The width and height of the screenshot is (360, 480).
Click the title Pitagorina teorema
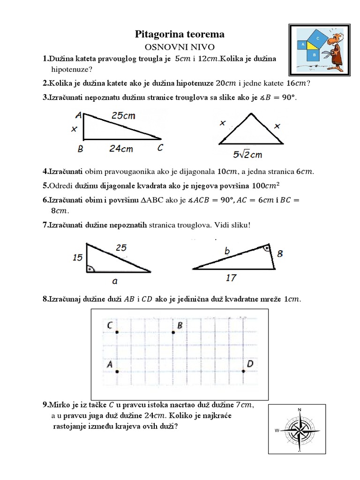[180, 34]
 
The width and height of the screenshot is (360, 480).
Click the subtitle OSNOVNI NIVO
[180, 47]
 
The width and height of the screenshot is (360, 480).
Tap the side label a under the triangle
[114, 281]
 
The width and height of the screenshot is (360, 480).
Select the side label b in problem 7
[227, 252]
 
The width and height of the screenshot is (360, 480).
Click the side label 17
[231, 278]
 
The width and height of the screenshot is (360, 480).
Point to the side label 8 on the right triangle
[280, 254]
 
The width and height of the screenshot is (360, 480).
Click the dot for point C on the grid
[117, 332]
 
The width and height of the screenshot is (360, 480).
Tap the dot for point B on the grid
[173, 332]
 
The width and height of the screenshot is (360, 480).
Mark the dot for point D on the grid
[243, 371]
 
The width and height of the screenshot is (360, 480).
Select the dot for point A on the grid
[117, 371]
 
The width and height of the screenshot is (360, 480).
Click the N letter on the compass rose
[300, 410]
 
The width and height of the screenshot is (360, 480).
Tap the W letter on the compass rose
[277, 430]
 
